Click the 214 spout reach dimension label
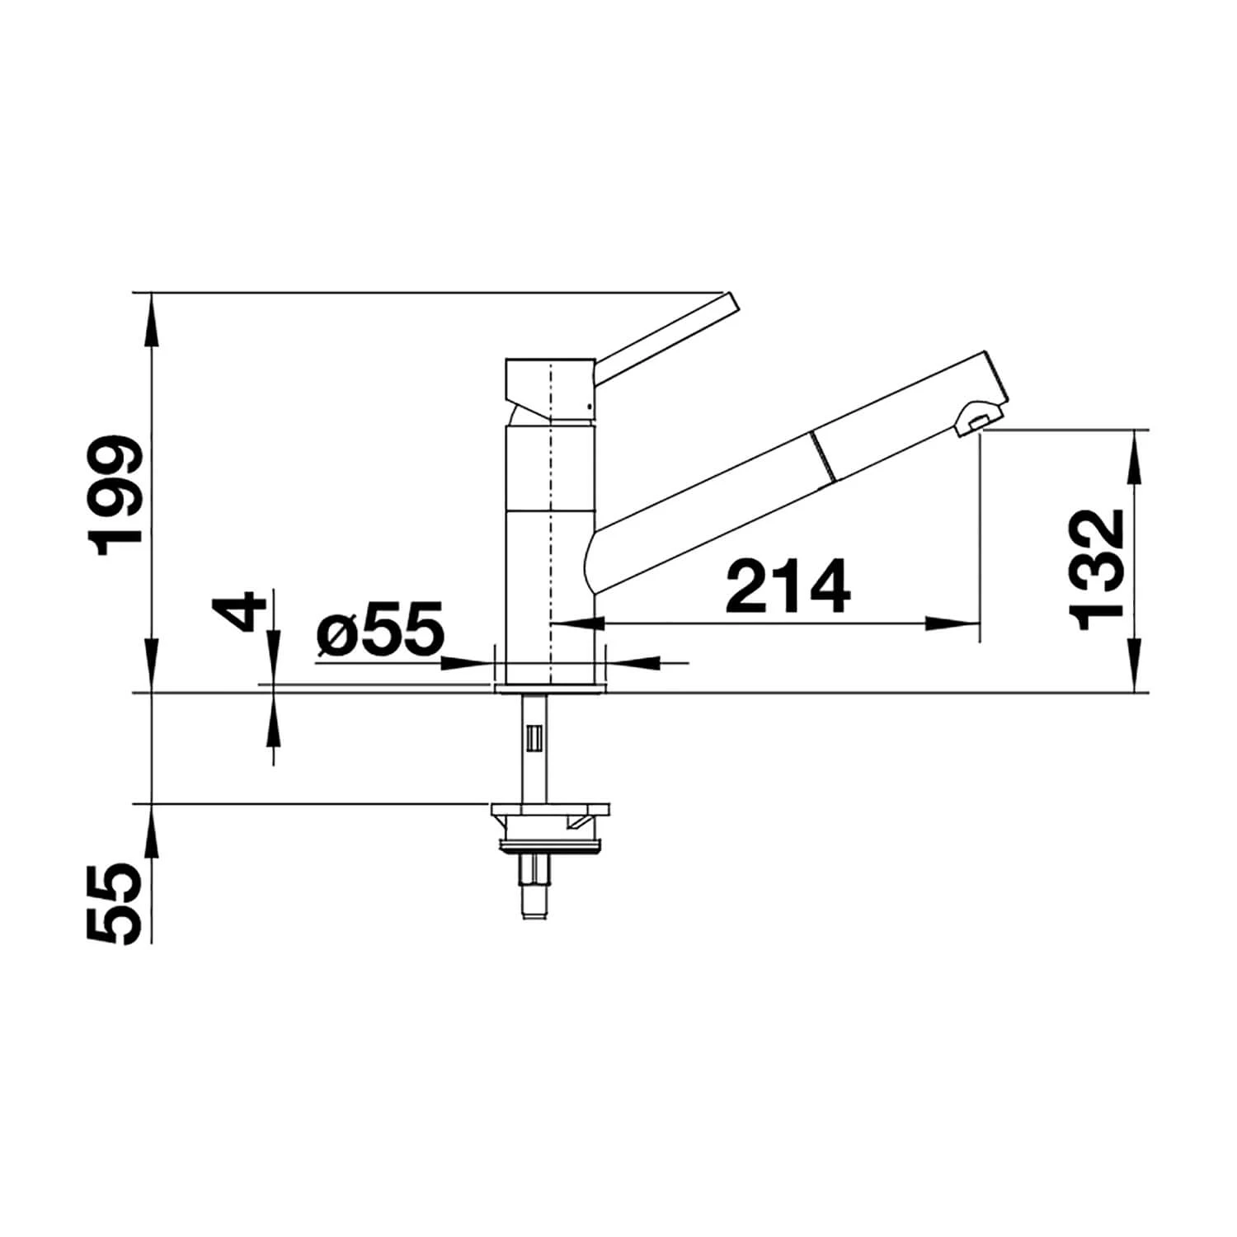pyautogui.click(x=788, y=586)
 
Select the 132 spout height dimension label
pyautogui.click(x=1095, y=569)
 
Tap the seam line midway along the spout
pyautogui.click(x=823, y=456)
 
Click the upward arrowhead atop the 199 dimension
pyautogui.click(x=152, y=313)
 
